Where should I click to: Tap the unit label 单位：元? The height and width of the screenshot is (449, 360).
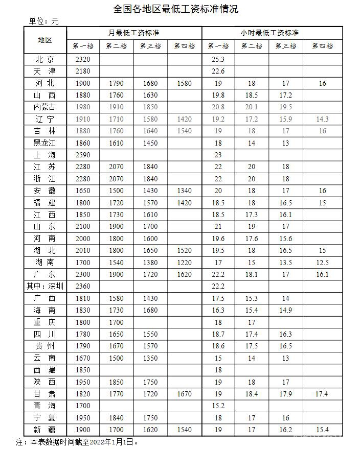coord(43,21)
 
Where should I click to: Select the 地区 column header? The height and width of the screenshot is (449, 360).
coord(44,39)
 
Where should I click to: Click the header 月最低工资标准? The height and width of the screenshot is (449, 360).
coord(133,32)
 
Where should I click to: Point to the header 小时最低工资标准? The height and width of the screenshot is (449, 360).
coord(269,32)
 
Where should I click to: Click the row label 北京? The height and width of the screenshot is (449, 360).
coord(44,59)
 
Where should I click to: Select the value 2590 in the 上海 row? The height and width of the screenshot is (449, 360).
coord(82,155)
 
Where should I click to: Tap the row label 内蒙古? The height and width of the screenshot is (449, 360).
coord(44,107)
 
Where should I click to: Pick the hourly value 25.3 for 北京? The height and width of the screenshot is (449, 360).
coord(218,59)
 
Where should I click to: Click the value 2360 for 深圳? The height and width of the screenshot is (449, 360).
coord(82,286)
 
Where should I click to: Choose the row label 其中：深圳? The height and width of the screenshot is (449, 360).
coord(44,286)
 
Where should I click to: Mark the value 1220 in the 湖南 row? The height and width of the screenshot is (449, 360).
coord(184,263)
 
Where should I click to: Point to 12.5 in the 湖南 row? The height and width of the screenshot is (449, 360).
coord(322,263)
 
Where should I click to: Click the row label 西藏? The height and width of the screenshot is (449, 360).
coord(44,370)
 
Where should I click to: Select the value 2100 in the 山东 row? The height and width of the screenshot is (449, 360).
coord(82,226)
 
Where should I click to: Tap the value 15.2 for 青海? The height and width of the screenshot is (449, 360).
coord(218,406)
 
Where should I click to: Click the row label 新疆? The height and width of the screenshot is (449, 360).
coord(44,430)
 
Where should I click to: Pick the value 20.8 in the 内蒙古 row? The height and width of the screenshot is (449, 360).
coord(218,107)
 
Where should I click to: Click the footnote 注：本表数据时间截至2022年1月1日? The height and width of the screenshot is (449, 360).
coord(77,441)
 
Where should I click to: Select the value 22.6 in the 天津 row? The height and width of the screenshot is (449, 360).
coord(218,71)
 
